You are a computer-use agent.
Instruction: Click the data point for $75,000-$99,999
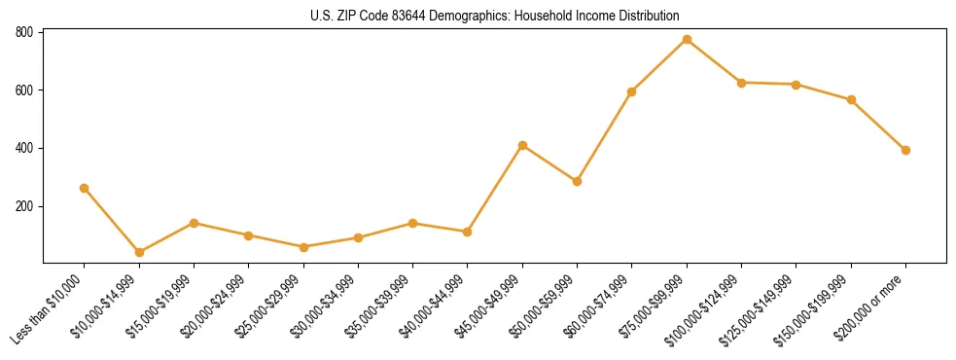click(687, 39)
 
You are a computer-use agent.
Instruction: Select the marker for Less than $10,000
click(85, 188)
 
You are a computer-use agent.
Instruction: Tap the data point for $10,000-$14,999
click(139, 252)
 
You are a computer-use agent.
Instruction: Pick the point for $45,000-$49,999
click(522, 145)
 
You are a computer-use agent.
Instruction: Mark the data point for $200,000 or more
click(905, 150)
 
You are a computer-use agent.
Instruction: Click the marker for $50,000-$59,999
click(577, 181)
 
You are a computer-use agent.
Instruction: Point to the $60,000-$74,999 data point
click(632, 91)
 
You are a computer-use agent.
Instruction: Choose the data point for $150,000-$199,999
click(851, 99)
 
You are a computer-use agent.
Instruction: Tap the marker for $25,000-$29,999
click(303, 247)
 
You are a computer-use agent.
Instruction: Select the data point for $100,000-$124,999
click(741, 83)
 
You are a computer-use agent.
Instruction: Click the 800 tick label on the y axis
click(25, 32)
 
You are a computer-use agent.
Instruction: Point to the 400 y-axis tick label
click(25, 148)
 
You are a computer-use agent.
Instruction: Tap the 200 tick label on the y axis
click(25, 206)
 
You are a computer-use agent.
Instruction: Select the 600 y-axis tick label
click(25, 90)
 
